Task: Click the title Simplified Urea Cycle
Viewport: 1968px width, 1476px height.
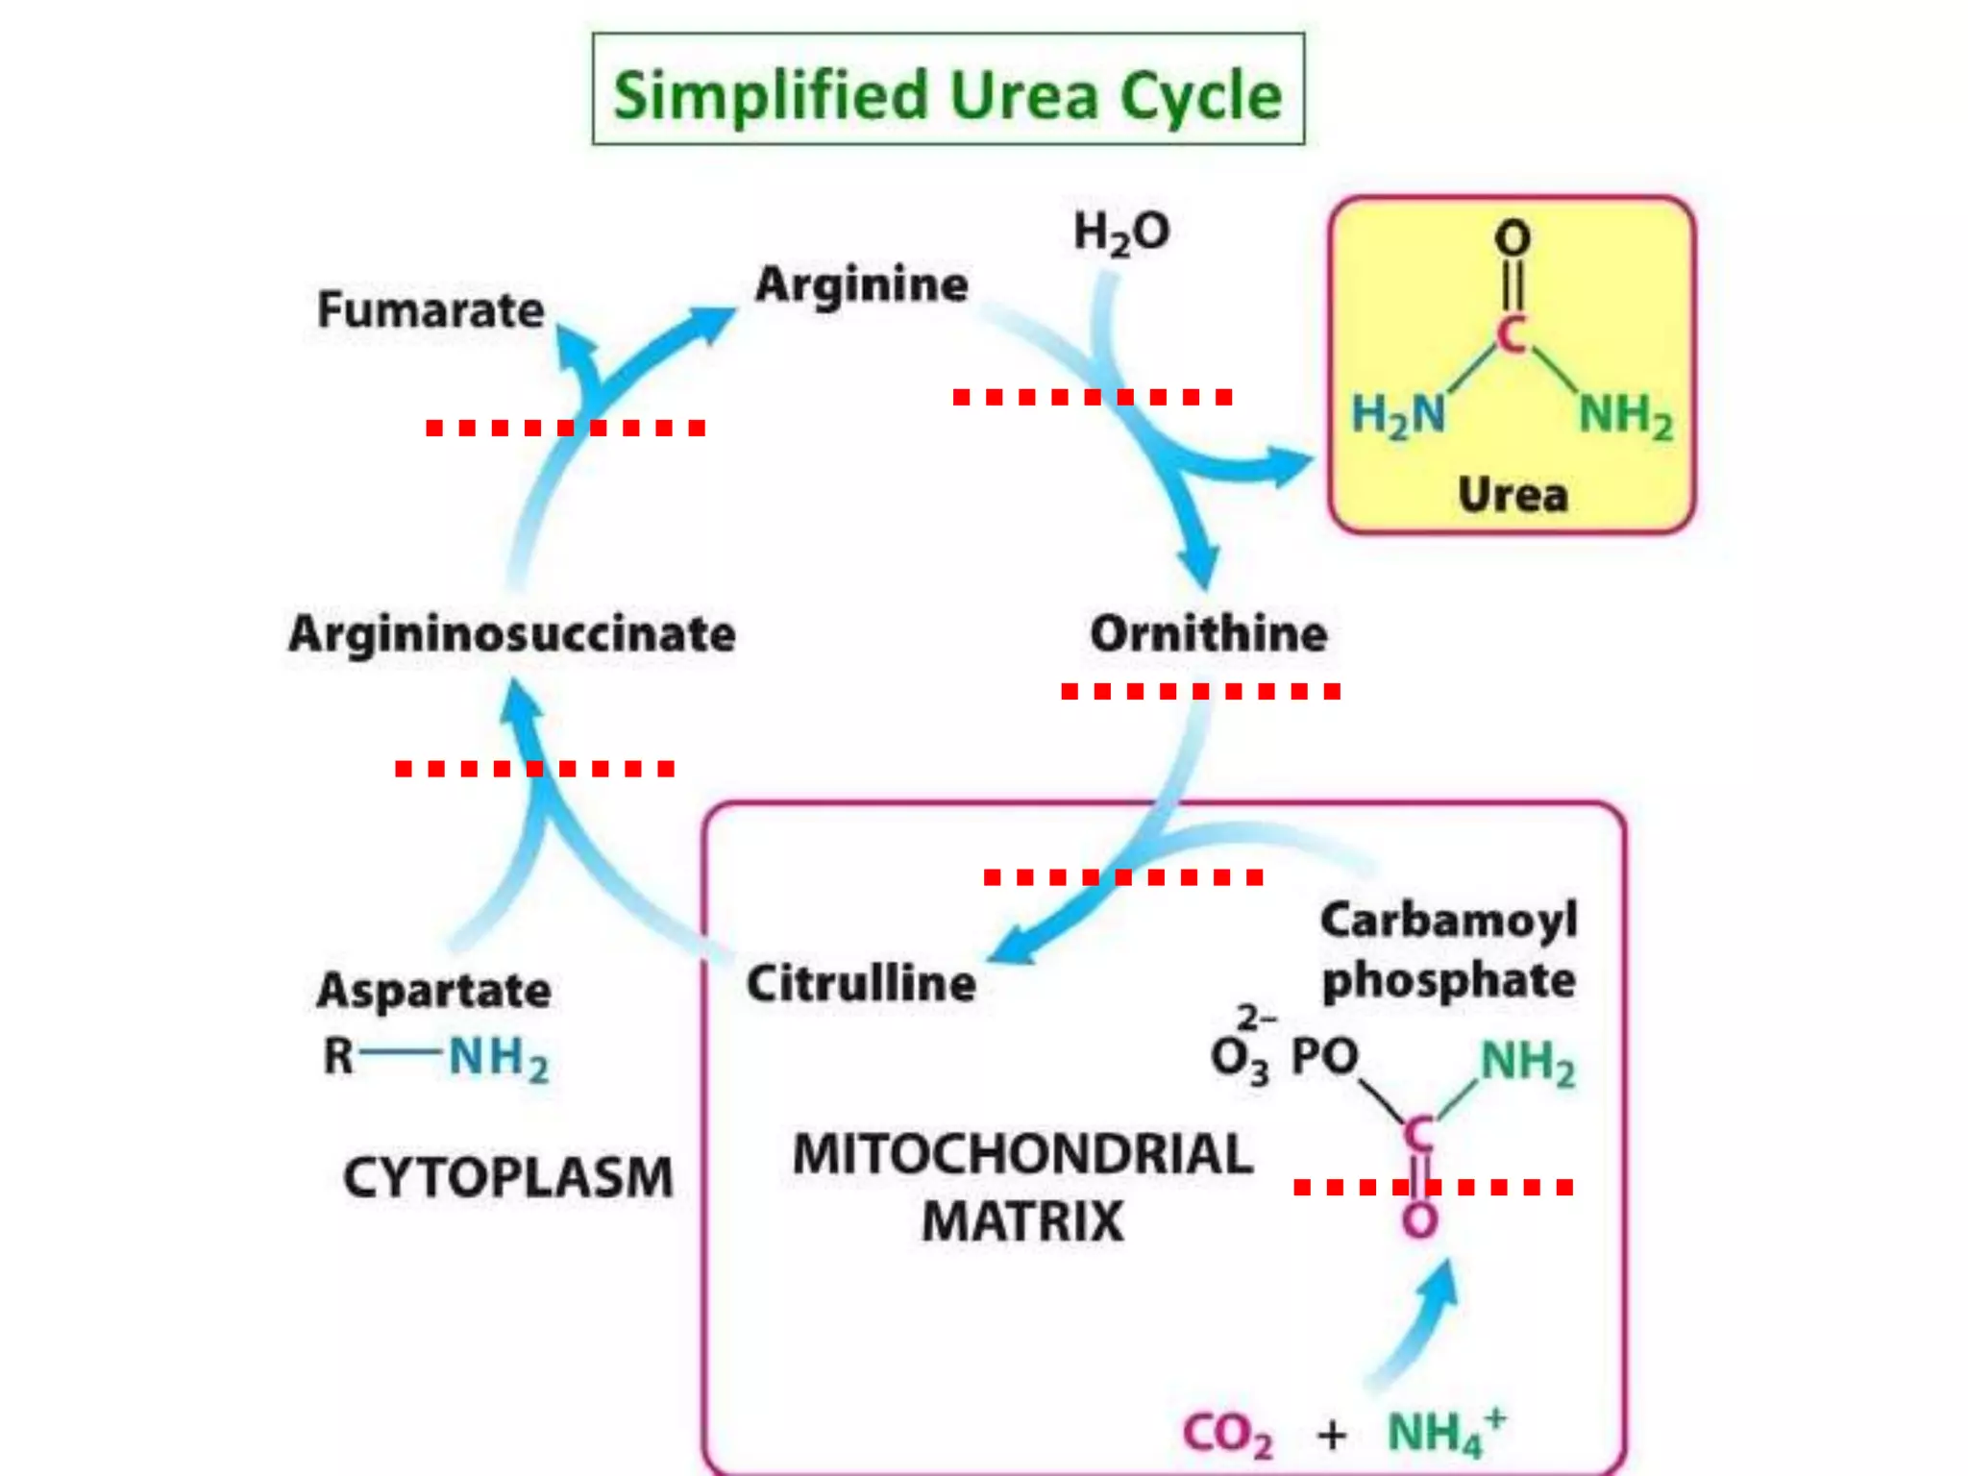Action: (947, 94)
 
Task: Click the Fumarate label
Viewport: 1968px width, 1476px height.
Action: (430, 310)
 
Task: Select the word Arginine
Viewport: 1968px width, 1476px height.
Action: (861, 284)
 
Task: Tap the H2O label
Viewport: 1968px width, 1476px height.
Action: (1120, 234)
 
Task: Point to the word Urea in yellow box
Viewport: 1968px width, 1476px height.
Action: (1513, 494)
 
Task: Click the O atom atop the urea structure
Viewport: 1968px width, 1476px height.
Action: (1513, 237)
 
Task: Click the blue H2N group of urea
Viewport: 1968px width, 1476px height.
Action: (1398, 415)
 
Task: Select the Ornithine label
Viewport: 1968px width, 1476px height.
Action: (1208, 633)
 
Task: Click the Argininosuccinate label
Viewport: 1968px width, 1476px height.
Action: (512, 634)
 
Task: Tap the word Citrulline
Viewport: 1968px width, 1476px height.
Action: (861, 984)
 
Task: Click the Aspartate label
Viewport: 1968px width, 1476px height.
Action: (433, 990)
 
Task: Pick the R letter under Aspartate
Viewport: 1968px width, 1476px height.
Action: (338, 1057)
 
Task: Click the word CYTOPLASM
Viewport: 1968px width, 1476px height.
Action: (507, 1177)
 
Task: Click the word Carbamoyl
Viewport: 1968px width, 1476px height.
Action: (1449, 920)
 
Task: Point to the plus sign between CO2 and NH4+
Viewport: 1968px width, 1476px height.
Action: (1332, 1435)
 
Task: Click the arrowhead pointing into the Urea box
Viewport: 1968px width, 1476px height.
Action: (1291, 466)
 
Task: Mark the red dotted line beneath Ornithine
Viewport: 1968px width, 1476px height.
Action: (1200, 691)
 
